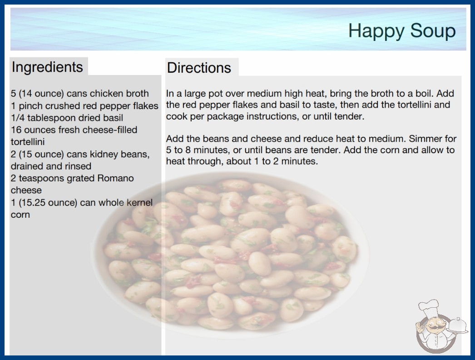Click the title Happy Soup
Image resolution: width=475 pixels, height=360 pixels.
(402, 31)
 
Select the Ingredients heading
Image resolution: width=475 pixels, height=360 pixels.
(47, 67)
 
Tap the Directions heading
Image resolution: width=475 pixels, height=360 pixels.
(199, 68)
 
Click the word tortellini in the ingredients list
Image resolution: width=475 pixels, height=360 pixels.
(28, 142)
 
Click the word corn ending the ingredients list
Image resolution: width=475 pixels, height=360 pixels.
(20, 215)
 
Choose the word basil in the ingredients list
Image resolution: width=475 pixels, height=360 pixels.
(113, 118)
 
